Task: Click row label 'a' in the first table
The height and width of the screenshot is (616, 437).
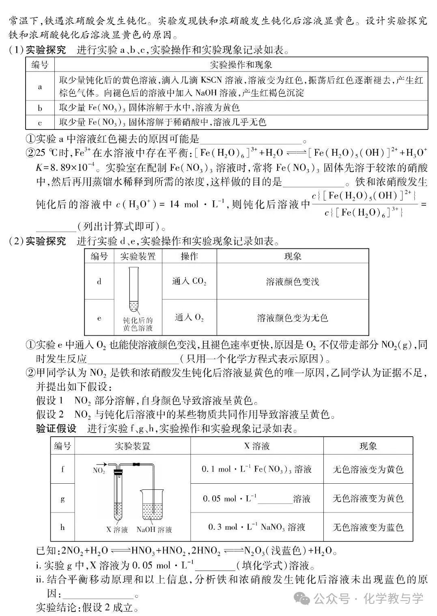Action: tap(40, 86)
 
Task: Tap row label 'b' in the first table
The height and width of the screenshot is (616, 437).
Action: tap(40, 108)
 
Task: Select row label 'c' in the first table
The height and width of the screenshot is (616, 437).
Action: tap(40, 122)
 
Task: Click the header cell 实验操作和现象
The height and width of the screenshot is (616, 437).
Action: tap(241, 65)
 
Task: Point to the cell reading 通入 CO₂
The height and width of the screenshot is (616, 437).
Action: tap(189, 281)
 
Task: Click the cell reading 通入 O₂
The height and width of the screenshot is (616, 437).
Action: tap(189, 317)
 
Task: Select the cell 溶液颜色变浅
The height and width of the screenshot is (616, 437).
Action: tap(292, 281)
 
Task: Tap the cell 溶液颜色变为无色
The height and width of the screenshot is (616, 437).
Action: tap(292, 317)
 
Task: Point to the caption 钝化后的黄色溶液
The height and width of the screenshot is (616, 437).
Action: tap(138, 324)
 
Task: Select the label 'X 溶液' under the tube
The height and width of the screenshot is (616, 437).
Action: tap(117, 530)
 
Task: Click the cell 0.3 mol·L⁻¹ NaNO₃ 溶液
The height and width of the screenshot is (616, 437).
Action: tap(256, 527)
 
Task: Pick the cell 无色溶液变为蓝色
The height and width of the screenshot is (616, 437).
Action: tap(368, 527)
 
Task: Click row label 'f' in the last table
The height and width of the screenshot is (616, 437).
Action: tap(62, 469)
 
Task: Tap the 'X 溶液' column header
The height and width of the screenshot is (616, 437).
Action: tap(256, 446)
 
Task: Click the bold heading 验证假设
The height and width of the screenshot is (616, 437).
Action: tap(56, 429)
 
